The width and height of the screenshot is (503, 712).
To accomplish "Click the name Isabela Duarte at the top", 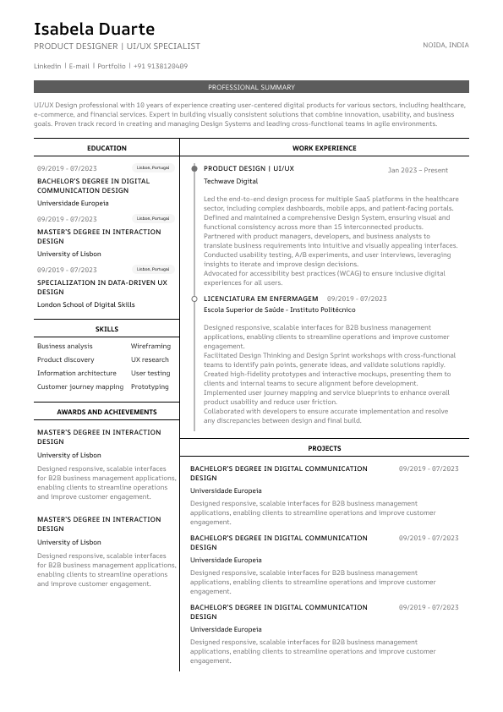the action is click(x=94, y=30).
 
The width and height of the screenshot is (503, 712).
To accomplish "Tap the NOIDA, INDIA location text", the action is click(x=446, y=45).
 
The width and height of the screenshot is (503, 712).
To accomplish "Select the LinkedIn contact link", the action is click(x=47, y=66).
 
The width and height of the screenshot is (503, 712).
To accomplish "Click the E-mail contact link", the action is click(x=79, y=66).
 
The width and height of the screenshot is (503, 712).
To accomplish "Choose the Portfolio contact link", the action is click(x=111, y=66).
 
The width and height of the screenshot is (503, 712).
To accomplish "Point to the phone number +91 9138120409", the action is click(x=160, y=66).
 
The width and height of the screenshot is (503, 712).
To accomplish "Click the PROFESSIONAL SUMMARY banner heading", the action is click(x=251, y=87).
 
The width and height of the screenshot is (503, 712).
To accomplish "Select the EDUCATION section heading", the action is click(x=107, y=148).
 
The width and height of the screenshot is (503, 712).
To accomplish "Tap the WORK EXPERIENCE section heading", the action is click(x=324, y=148).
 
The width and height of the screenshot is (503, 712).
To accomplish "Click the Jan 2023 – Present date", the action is click(x=418, y=170).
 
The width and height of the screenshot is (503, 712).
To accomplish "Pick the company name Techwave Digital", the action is click(x=231, y=182).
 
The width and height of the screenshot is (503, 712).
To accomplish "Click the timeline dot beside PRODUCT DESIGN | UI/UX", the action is click(x=194, y=169).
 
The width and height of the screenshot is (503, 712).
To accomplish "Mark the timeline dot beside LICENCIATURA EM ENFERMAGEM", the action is click(x=194, y=298).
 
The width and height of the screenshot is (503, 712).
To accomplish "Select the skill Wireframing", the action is click(x=150, y=346).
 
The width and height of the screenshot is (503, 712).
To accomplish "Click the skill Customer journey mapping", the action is click(x=80, y=386).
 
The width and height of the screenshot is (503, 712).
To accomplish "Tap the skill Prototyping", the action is click(x=150, y=386).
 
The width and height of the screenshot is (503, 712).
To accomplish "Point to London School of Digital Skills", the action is click(x=85, y=304).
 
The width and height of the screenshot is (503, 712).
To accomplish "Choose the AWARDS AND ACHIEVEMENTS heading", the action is click(x=107, y=412).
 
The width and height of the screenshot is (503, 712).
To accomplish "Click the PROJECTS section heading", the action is click(x=324, y=448).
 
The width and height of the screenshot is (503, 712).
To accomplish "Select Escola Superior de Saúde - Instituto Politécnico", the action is click(x=280, y=310).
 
